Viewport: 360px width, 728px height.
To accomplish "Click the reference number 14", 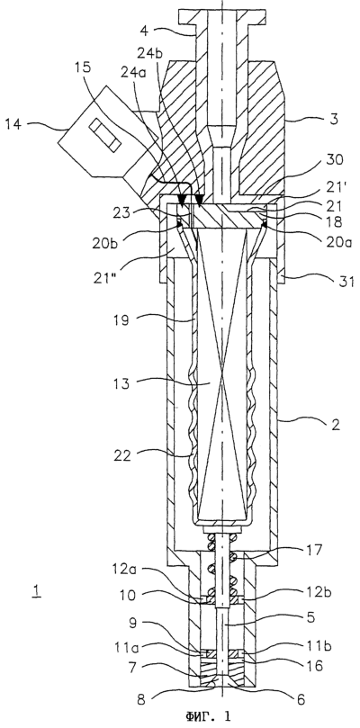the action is [14, 124].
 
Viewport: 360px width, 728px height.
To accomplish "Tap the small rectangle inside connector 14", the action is [105, 134].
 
